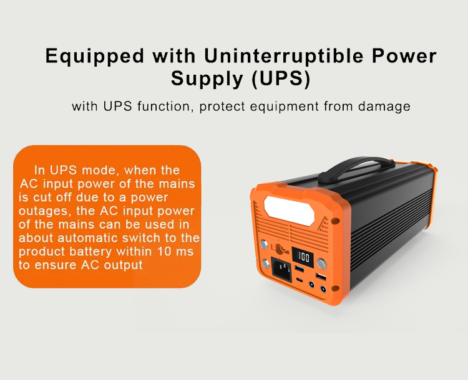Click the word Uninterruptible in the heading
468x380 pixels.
tap(284, 55)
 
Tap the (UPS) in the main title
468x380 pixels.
tap(281, 78)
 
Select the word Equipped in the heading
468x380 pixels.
tap(95, 56)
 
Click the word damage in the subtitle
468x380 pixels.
tap(384, 107)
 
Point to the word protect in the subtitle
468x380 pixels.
tap(222, 107)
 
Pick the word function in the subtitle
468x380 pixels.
tap(163, 107)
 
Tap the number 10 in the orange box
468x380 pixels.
tap(164, 251)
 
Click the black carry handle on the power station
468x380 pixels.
tap(355, 169)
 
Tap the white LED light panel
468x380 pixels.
tap(289, 211)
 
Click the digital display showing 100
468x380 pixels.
tap(303, 257)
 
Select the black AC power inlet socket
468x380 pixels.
tap(281, 269)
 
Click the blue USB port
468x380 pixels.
tap(300, 269)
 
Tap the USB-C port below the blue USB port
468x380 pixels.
tap(300, 280)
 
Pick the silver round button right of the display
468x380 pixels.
tap(321, 263)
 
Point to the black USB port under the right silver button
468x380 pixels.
tap(321, 277)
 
